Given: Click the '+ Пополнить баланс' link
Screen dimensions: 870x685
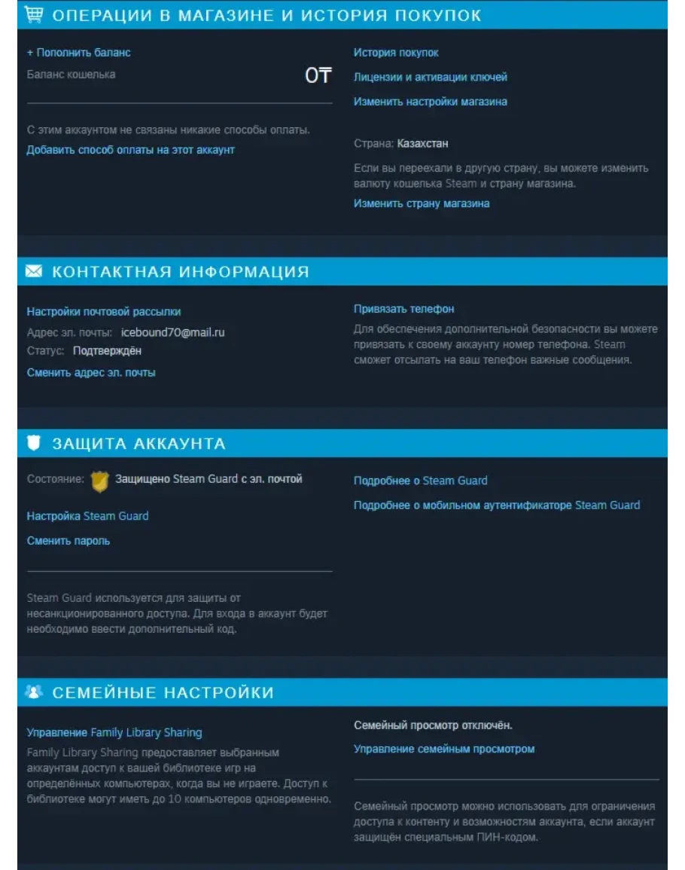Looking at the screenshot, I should pyautogui.click(x=78, y=53).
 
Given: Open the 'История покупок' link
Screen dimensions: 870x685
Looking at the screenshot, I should pyautogui.click(x=396, y=53).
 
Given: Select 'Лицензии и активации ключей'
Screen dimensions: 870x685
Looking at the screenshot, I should pyautogui.click(x=430, y=77).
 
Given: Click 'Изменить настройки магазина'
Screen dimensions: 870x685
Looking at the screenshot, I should pyautogui.click(x=430, y=102).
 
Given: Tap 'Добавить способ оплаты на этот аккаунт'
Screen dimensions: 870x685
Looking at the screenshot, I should pyautogui.click(x=130, y=150).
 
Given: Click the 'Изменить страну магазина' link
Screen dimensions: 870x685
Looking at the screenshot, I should pyautogui.click(x=422, y=203).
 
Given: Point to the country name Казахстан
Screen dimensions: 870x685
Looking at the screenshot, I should pyautogui.click(x=422, y=143).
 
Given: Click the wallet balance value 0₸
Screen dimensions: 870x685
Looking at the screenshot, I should pyautogui.click(x=318, y=75).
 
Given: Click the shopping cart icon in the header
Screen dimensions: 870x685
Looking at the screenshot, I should pyautogui.click(x=34, y=14).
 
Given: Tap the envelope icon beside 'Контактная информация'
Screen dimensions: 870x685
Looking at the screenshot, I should pyautogui.click(x=34, y=271).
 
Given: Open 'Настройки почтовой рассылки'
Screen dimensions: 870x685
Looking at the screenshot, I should pyautogui.click(x=104, y=312).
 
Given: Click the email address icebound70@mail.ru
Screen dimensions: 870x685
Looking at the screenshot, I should pyautogui.click(x=172, y=332).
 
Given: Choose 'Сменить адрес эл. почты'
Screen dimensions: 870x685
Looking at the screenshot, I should pyautogui.click(x=91, y=373).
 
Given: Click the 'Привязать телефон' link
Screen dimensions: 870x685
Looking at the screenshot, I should pyautogui.click(x=403, y=309).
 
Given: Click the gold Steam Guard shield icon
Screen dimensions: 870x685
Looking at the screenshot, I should pyautogui.click(x=99, y=481).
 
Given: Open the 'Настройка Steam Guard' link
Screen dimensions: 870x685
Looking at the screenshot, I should pyautogui.click(x=87, y=516).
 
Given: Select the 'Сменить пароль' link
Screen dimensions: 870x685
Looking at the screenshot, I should pyautogui.click(x=68, y=541).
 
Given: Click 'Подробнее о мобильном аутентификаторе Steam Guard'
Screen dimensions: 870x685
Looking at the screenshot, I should pyautogui.click(x=497, y=505).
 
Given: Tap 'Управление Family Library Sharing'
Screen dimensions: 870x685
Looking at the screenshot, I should pyautogui.click(x=114, y=732).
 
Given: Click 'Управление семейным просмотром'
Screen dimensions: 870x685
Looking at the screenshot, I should pyautogui.click(x=444, y=749).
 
